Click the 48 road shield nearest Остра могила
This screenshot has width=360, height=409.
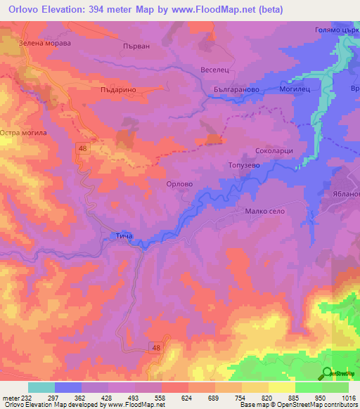[82, 147]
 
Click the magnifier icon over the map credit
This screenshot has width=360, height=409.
[327, 373]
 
